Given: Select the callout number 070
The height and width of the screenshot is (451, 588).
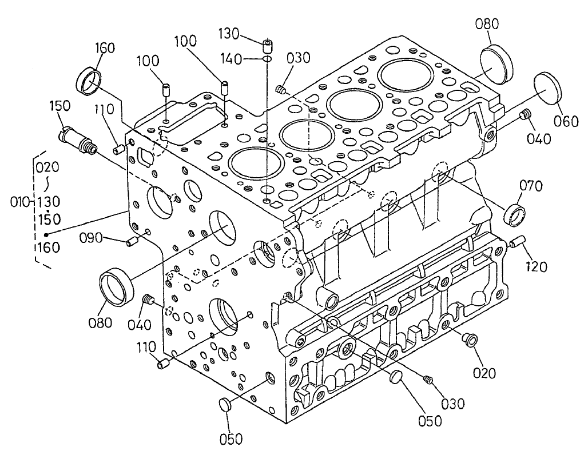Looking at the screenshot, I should [x=531, y=186].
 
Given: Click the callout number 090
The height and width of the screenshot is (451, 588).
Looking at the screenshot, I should [x=90, y=238].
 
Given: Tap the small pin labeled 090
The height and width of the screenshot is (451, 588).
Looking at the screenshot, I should [x=133, y=242].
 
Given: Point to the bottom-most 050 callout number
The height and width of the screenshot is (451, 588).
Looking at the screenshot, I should [x=231, y=439].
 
